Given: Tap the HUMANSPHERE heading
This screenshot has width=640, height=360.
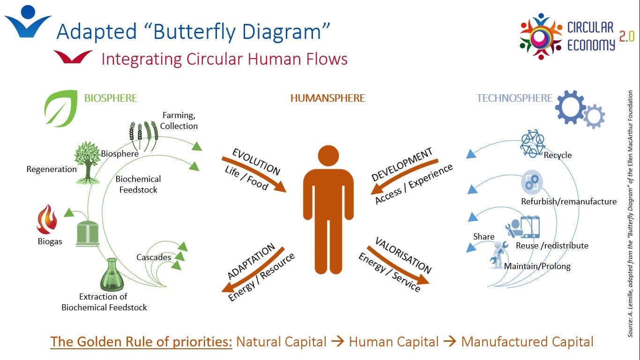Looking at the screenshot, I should pos(327,98).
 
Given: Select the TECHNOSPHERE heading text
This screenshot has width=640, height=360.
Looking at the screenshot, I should pos(514,98).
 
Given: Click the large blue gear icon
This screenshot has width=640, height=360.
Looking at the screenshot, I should pos(570,107).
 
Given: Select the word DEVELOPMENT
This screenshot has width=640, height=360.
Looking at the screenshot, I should pos(402,165).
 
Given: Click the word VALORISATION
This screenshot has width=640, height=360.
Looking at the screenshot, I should pos(403,255).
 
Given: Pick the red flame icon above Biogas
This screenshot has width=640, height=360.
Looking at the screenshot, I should pos(47,219).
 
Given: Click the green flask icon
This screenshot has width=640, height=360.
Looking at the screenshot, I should pos(112,275).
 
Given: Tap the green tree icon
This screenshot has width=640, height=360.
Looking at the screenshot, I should pos(87,162).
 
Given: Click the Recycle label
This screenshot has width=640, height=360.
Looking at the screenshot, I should pos(558,155).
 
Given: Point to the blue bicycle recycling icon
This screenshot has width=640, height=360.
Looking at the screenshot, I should pos(533,142).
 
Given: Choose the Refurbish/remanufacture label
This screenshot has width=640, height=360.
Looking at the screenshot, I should pos(569,202).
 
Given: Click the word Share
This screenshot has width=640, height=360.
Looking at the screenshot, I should pos(484,237).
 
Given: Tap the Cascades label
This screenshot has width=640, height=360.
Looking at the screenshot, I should pos(154,257).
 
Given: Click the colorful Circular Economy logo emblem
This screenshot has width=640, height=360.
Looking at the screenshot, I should pos(541,36).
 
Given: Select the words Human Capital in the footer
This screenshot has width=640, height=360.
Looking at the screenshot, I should pos(394,342).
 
